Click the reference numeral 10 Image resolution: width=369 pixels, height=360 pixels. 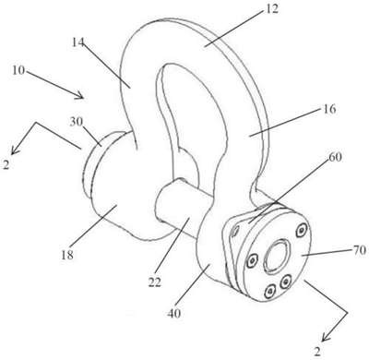point(18,70)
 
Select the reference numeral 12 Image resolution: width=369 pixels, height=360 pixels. point(271,9)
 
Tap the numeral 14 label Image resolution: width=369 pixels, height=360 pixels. point(78,42)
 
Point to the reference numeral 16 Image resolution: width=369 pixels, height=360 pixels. point(329,109)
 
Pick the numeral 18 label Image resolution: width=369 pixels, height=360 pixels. point(67,255)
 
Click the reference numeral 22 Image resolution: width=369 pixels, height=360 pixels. point(155,282)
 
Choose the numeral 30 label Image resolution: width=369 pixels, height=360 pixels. point(77,122)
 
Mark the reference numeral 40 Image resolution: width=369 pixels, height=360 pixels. point(174,313)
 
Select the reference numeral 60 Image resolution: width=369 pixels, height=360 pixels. point(335,157)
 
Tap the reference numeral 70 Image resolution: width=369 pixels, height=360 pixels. point(359,250)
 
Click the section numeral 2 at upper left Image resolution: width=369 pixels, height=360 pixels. point(6,165)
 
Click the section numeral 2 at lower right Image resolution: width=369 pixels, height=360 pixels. point(317,352)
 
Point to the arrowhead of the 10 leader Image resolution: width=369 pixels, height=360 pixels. point(80,96)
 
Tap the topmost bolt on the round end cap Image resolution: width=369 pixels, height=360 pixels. point(300,230)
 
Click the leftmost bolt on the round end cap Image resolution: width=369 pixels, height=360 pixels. point(253,261)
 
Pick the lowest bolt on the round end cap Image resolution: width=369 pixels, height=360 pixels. point(270,291)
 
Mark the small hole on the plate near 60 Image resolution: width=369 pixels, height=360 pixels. point(235,231)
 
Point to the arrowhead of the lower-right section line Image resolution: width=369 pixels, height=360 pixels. point(325,338)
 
